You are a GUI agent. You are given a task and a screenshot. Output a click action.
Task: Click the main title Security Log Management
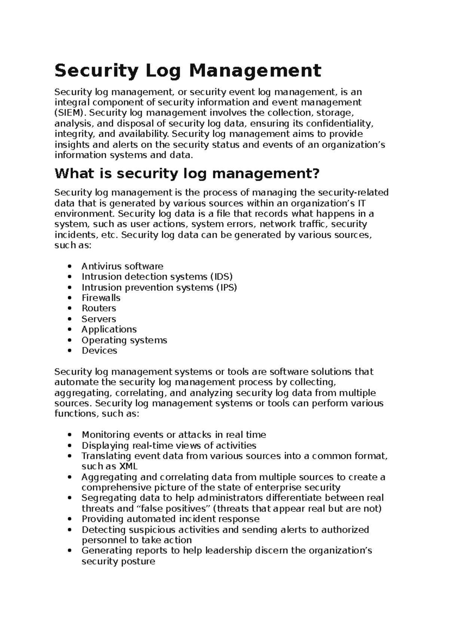[188, 71]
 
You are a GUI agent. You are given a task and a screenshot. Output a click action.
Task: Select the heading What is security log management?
[187, 174]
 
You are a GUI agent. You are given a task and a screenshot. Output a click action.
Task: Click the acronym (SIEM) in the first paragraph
[70, 113]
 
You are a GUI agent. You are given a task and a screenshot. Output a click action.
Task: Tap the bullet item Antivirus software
[122, 266]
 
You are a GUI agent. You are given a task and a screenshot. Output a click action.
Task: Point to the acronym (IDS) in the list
[222, 277]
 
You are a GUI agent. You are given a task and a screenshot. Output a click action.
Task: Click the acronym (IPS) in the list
[226, 287]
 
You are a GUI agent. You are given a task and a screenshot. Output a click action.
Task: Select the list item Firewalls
[101, 298]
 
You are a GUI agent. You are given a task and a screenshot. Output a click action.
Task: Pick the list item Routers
[99, 308]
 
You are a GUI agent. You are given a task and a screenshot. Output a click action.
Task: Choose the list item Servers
[99, 319]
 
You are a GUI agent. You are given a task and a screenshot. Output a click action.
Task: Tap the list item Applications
[109, 329]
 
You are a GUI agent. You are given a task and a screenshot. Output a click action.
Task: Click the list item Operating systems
[124, 340]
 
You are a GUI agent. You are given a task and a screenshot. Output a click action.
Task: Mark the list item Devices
[99, 350]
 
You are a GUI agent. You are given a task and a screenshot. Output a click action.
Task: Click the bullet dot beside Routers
[70, 309]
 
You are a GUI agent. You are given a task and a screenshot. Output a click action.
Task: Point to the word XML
[128, 466]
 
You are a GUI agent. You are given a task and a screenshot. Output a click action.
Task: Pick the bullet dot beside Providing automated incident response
[70, 519]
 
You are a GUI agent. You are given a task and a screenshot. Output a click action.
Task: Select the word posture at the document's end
[137, 561]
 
